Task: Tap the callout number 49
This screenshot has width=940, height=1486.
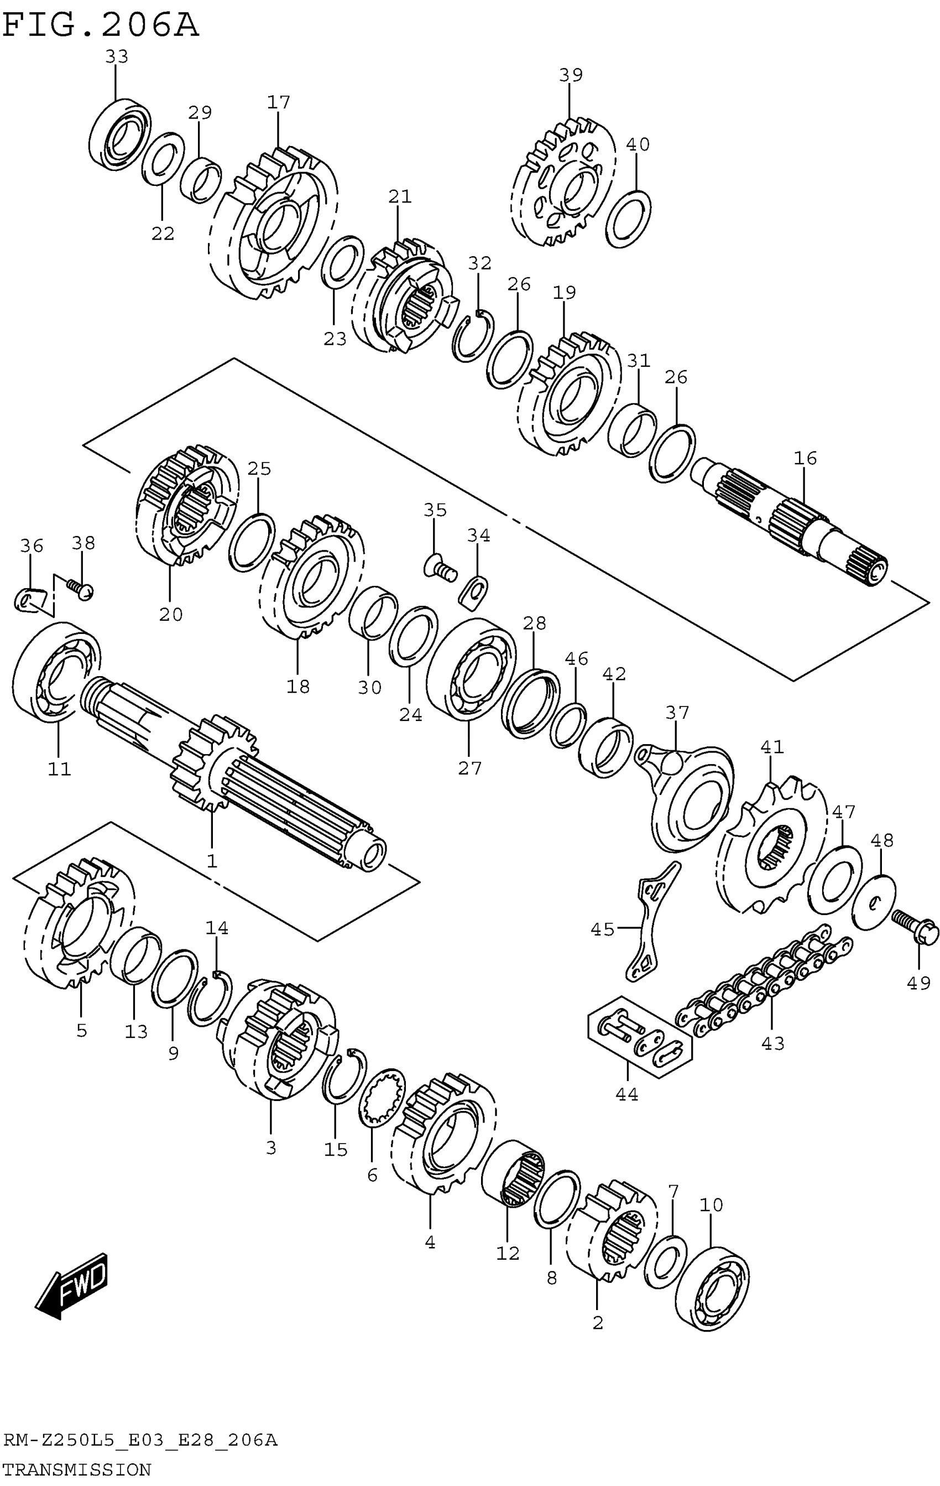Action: [918, 982]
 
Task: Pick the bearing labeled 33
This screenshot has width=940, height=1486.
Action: [121, 134]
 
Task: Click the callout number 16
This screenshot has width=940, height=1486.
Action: [805, 458]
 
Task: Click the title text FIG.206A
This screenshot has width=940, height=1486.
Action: [101, 26]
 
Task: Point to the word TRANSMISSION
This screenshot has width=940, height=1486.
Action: [77, 1469]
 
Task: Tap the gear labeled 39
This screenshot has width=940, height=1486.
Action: [562, 182]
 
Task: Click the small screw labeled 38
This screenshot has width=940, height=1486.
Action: [80, 588]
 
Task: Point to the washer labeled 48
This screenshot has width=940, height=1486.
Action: [874, 903]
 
